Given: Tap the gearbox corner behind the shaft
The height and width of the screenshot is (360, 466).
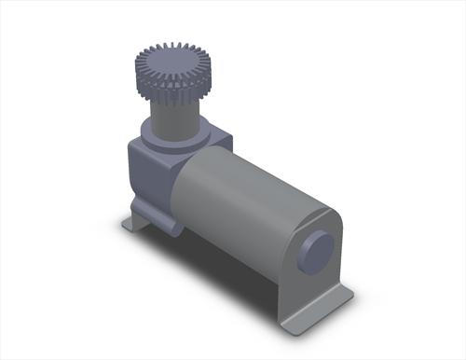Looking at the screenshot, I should point(220,139).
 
